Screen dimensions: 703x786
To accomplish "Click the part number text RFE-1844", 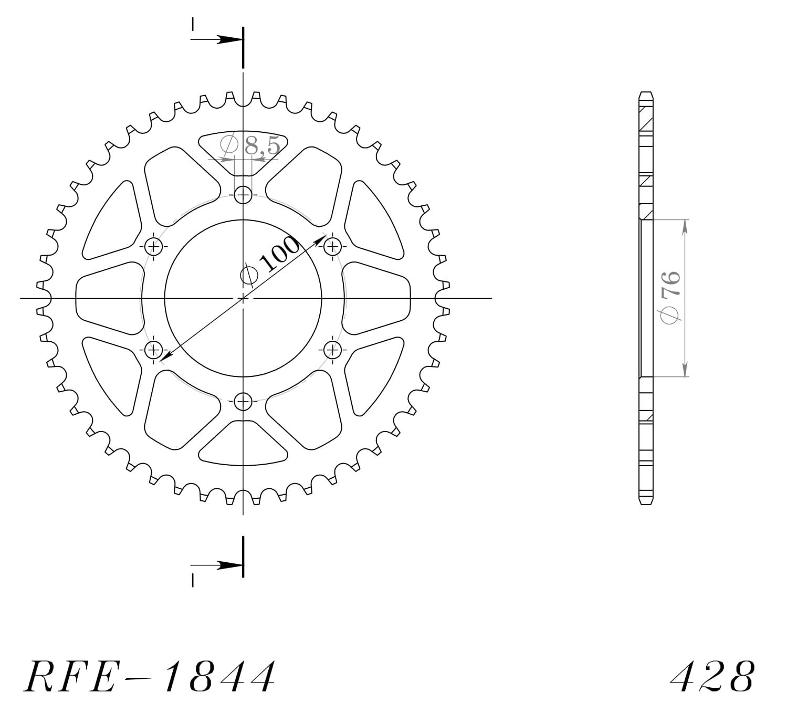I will click(x=150, y=676).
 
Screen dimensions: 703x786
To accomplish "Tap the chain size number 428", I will click(x=713, y=677).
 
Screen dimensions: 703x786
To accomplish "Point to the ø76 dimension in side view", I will click(x=671, y=297).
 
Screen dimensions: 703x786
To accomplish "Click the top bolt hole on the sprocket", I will click(x=243, y=195).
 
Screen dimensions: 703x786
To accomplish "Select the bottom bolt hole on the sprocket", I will click(x=243, y=402).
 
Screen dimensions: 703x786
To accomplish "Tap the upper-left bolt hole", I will click(x=154, y=245).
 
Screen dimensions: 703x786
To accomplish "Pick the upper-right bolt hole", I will click(x=332, y=245).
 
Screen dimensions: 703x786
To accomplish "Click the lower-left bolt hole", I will click(x=154, y=349).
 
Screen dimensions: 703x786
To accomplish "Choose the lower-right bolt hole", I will click(x=332, y=349).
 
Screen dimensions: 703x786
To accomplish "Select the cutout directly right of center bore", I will click(x=376, y=298).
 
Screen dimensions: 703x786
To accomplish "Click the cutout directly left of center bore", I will click(x=109, y=298).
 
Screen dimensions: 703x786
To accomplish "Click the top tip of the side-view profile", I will click(x=646, y=93).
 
